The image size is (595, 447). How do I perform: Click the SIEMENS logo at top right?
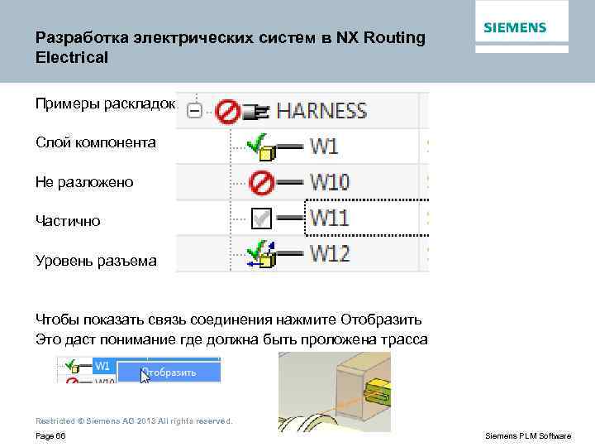[x=514, y=28]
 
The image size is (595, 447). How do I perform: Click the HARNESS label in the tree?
[x=321, y=110]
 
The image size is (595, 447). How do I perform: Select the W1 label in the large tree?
[x=324, y=147]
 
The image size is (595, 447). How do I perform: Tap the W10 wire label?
[x=330, y=182]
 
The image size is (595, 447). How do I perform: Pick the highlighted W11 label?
[x=329, y=218]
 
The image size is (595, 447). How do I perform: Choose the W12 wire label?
[x=330, y=253]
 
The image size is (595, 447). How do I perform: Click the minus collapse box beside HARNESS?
[x=195, y=110]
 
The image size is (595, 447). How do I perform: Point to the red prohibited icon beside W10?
[x=261, y=182]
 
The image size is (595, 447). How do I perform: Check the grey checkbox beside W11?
[x=261, y=218]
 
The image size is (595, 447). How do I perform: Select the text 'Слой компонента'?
[x=95, y=142]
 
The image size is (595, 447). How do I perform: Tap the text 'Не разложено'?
[x=83, y=181]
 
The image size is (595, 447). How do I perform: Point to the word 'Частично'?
[x=68, y=221]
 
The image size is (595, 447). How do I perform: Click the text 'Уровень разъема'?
[x=95, y=261]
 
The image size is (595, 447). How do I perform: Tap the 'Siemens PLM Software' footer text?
[x=527, y=435]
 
